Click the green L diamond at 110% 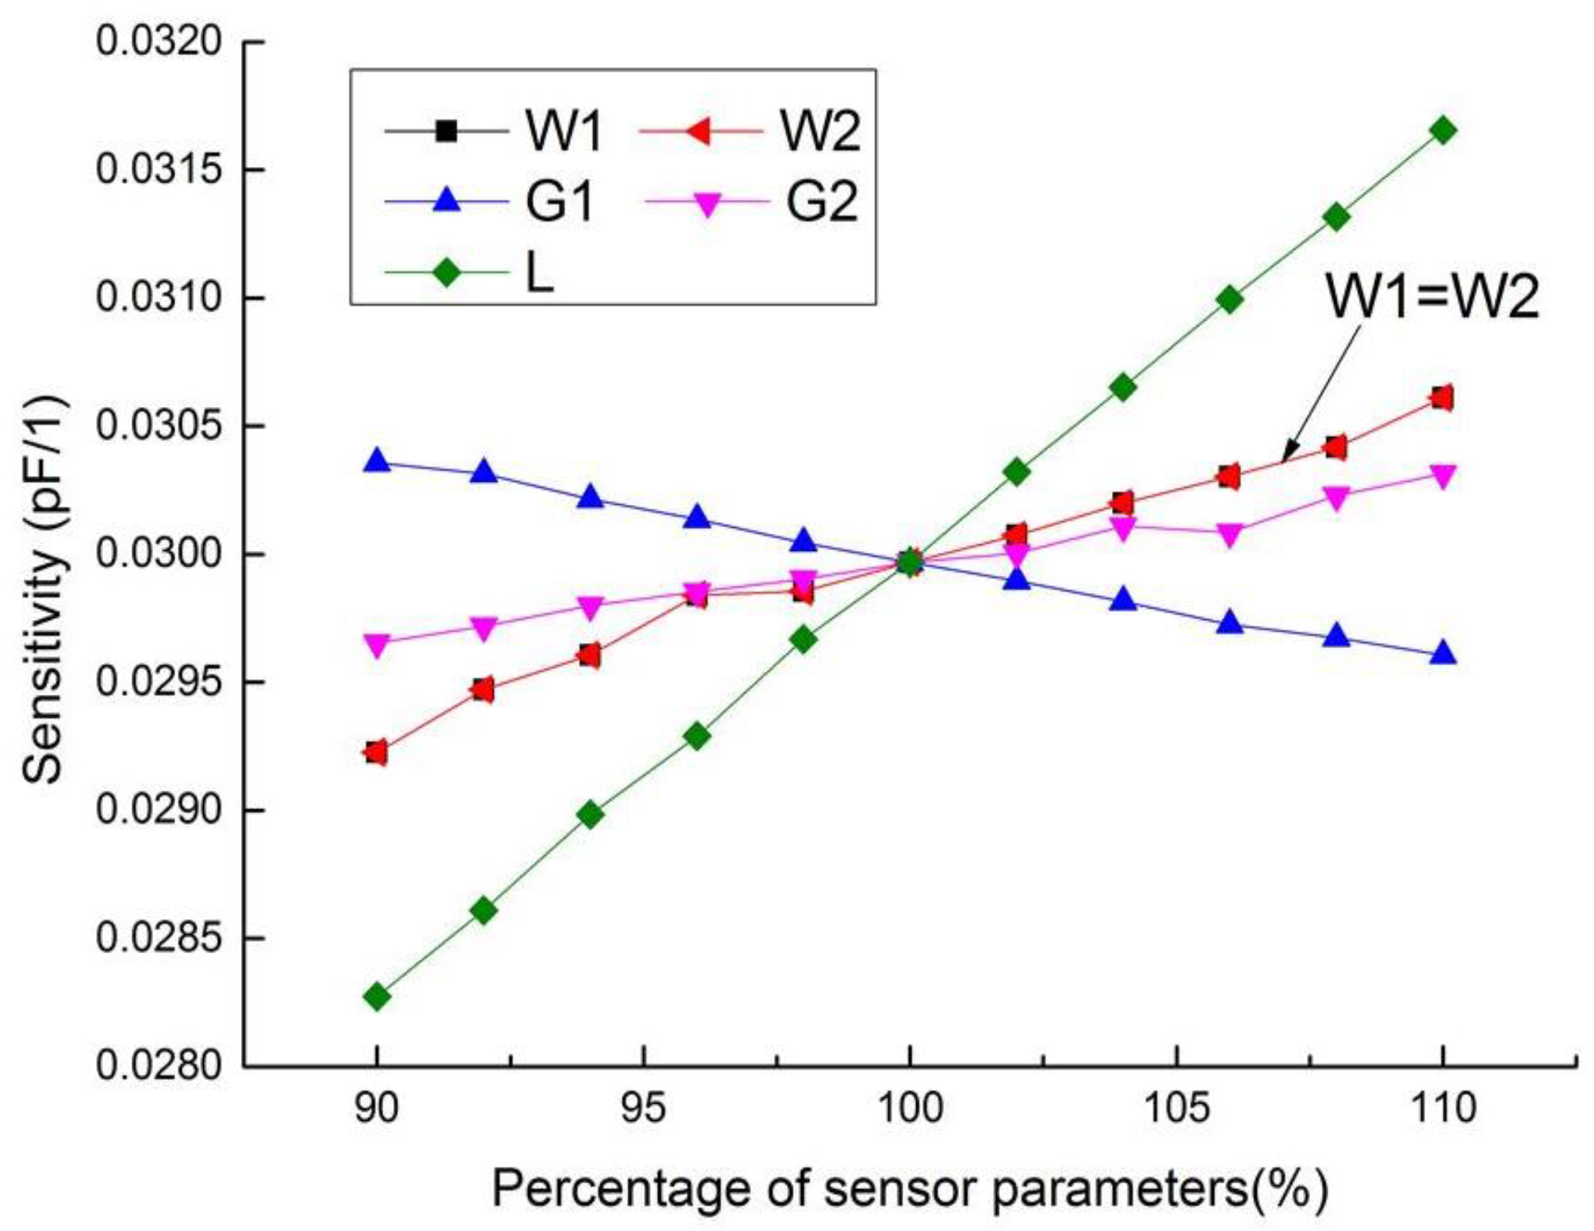1442,130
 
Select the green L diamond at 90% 377,997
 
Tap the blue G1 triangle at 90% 377,461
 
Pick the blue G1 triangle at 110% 1442,654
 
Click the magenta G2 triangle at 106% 1229,535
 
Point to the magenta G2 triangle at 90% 377,645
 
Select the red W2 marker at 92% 484,689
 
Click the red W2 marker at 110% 1441,398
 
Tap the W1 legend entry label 564,131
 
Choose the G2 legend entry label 822,201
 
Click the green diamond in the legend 447,272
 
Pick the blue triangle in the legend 447,200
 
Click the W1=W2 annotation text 1431,297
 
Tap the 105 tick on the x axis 1176,1108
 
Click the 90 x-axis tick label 377,1108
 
